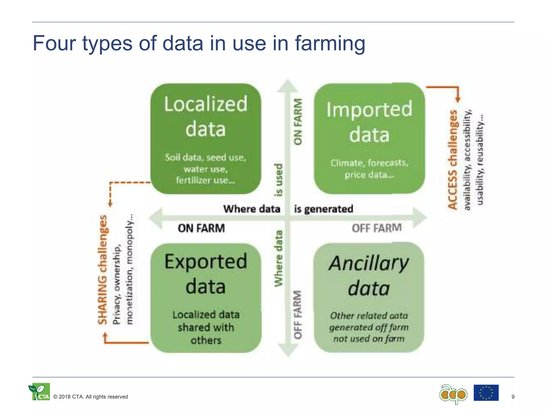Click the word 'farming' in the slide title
click(330, 44)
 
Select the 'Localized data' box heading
click(205, 116)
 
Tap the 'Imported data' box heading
click(369, 122)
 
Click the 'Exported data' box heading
click(205, 274)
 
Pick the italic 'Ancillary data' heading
click(369, 275)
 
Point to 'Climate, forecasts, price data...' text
click(369, 169)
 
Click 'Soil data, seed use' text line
click(205, 157)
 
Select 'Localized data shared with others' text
click(206, 328)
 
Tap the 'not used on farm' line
click(369, 339)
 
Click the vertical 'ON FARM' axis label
click(298, 122)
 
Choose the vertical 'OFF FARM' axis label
click(298, 314)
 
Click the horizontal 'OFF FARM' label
click(376, 228)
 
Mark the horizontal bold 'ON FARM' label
click(201, 228)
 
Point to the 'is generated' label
click(323, 209)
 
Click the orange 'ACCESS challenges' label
click(453, 160)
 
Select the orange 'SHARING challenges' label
click(103, 270)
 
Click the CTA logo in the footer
click(39, 392)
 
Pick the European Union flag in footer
click(486, 393)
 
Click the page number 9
click(513, 397)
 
